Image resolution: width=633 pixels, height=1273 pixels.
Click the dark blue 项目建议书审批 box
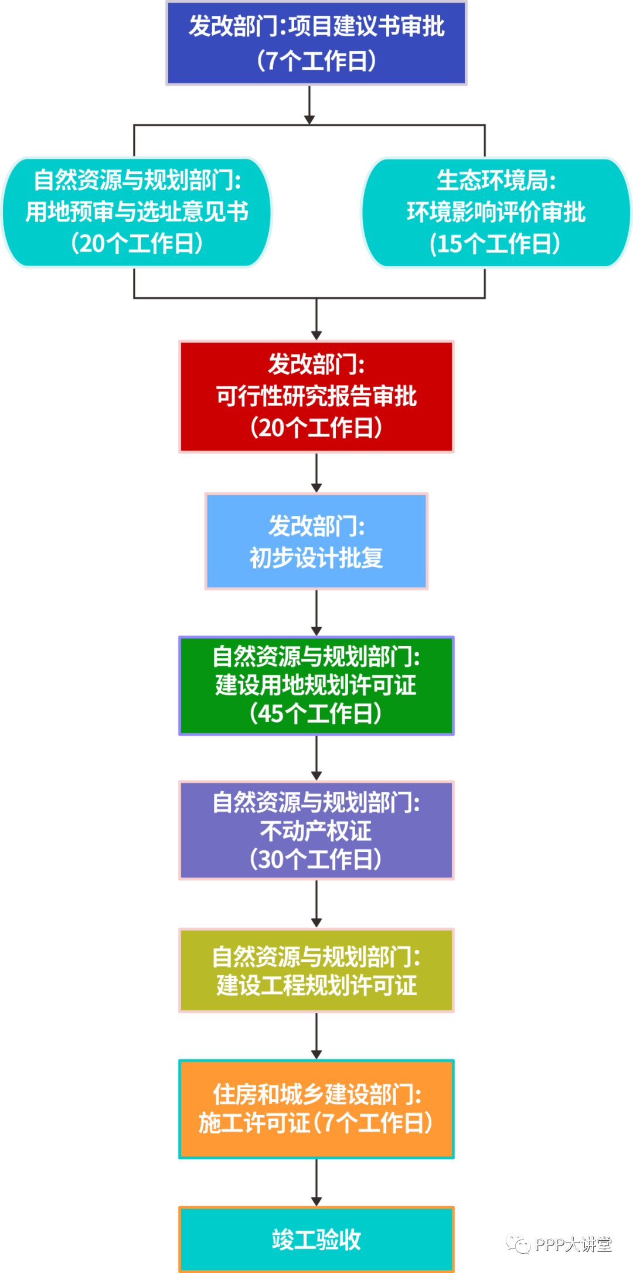[316, 43]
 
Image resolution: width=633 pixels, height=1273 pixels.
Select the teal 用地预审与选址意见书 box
[137, 212]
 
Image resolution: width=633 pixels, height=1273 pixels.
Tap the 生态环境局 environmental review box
[496, 212]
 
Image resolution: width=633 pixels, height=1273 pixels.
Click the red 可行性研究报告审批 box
[316, 396]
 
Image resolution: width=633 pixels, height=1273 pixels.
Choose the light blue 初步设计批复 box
[316, 541]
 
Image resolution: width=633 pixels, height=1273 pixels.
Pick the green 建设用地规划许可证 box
[316, 685]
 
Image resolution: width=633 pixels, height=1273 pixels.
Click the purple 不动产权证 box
[316, 830]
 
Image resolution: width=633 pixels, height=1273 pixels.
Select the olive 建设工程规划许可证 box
[316, 970]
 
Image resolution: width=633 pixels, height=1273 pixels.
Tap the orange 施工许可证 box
[316, 1109]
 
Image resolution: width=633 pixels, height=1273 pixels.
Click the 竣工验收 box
[316, 1238]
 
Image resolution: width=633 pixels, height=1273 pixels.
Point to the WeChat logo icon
[518, 1243]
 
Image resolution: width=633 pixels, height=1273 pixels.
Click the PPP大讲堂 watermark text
[573, 1244]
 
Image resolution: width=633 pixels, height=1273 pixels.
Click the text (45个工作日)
[316, 714]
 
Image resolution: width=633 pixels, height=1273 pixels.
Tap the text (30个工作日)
[316, 859]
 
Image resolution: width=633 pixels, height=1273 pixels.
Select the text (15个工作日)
[495, 244]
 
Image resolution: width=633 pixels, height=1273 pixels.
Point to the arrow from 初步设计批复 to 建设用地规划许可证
[316, 613]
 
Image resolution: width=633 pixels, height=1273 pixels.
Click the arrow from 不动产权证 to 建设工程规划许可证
[316, 904]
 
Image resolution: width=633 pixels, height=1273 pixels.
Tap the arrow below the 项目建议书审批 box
[309, 105]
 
